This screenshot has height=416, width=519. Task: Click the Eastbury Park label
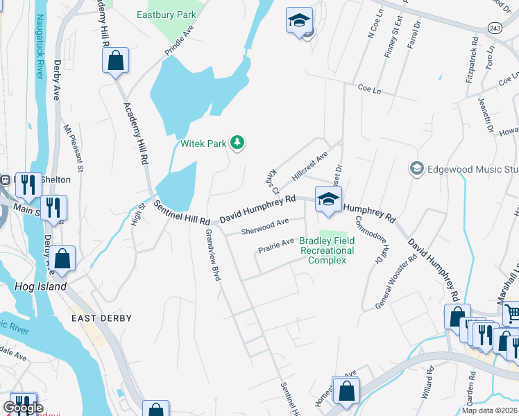166,15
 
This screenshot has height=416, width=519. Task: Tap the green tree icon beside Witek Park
237,143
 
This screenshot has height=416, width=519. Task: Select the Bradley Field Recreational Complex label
326,250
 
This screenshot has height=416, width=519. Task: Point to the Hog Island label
41,286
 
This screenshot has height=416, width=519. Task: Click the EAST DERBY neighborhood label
101,318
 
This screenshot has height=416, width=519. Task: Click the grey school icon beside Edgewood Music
416,168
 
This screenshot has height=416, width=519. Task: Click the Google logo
22,408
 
